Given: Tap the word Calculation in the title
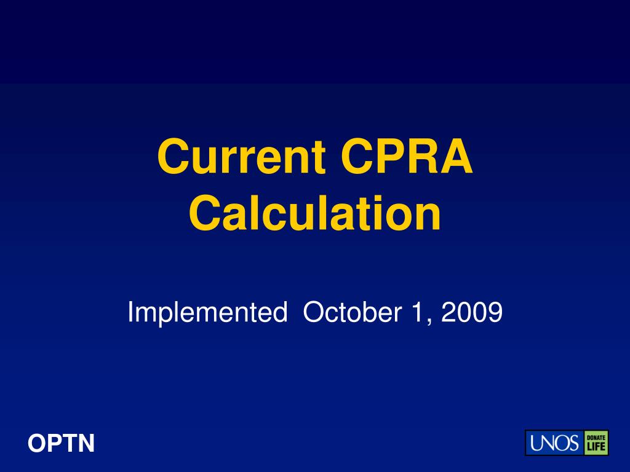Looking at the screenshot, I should (x=315, y=214).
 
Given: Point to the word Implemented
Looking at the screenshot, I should (x=207, y=313).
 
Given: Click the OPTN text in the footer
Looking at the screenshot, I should (x=62, y=443).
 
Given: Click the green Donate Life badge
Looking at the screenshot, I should (x=596, y=442).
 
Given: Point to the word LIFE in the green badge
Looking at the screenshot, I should (x=596, y=447).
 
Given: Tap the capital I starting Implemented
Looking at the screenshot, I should (x=130, y=313).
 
